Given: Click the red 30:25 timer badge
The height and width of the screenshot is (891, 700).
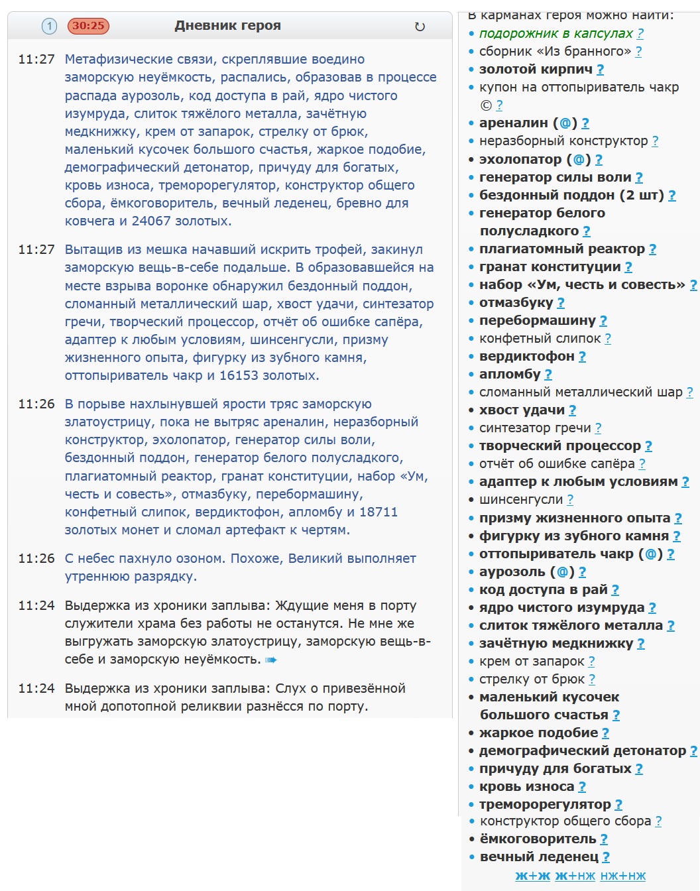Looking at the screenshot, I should [88, 26].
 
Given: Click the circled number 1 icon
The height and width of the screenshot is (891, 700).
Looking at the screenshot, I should [49, 26].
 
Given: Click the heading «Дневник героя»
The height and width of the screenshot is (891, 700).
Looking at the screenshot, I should [227, 26].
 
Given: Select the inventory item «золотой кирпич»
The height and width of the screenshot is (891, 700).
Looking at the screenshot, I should [536, 69].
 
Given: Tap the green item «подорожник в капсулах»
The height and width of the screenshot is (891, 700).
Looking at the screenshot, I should [555, 33].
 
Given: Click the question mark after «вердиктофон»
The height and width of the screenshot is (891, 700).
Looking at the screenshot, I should [582, 357].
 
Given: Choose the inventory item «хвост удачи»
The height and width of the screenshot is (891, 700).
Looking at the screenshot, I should [522, 410].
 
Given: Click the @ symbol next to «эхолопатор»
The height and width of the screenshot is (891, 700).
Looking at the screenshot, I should [579, 160].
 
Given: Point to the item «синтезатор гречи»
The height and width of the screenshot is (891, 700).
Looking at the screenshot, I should [535, 428].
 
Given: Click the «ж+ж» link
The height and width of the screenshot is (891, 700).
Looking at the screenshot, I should [532, 876].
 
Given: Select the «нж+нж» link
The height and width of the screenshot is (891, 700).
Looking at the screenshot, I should [622, 876].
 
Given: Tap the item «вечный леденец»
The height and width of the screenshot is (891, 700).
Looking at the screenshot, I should [539, 857].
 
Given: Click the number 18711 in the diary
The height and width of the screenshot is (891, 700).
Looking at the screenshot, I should [378, 512].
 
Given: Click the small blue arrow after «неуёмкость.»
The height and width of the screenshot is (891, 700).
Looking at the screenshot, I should [270, 660].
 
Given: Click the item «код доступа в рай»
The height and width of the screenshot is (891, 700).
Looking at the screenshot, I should [543, 590].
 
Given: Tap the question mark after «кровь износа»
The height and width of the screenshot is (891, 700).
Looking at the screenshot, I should [582, 787].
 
